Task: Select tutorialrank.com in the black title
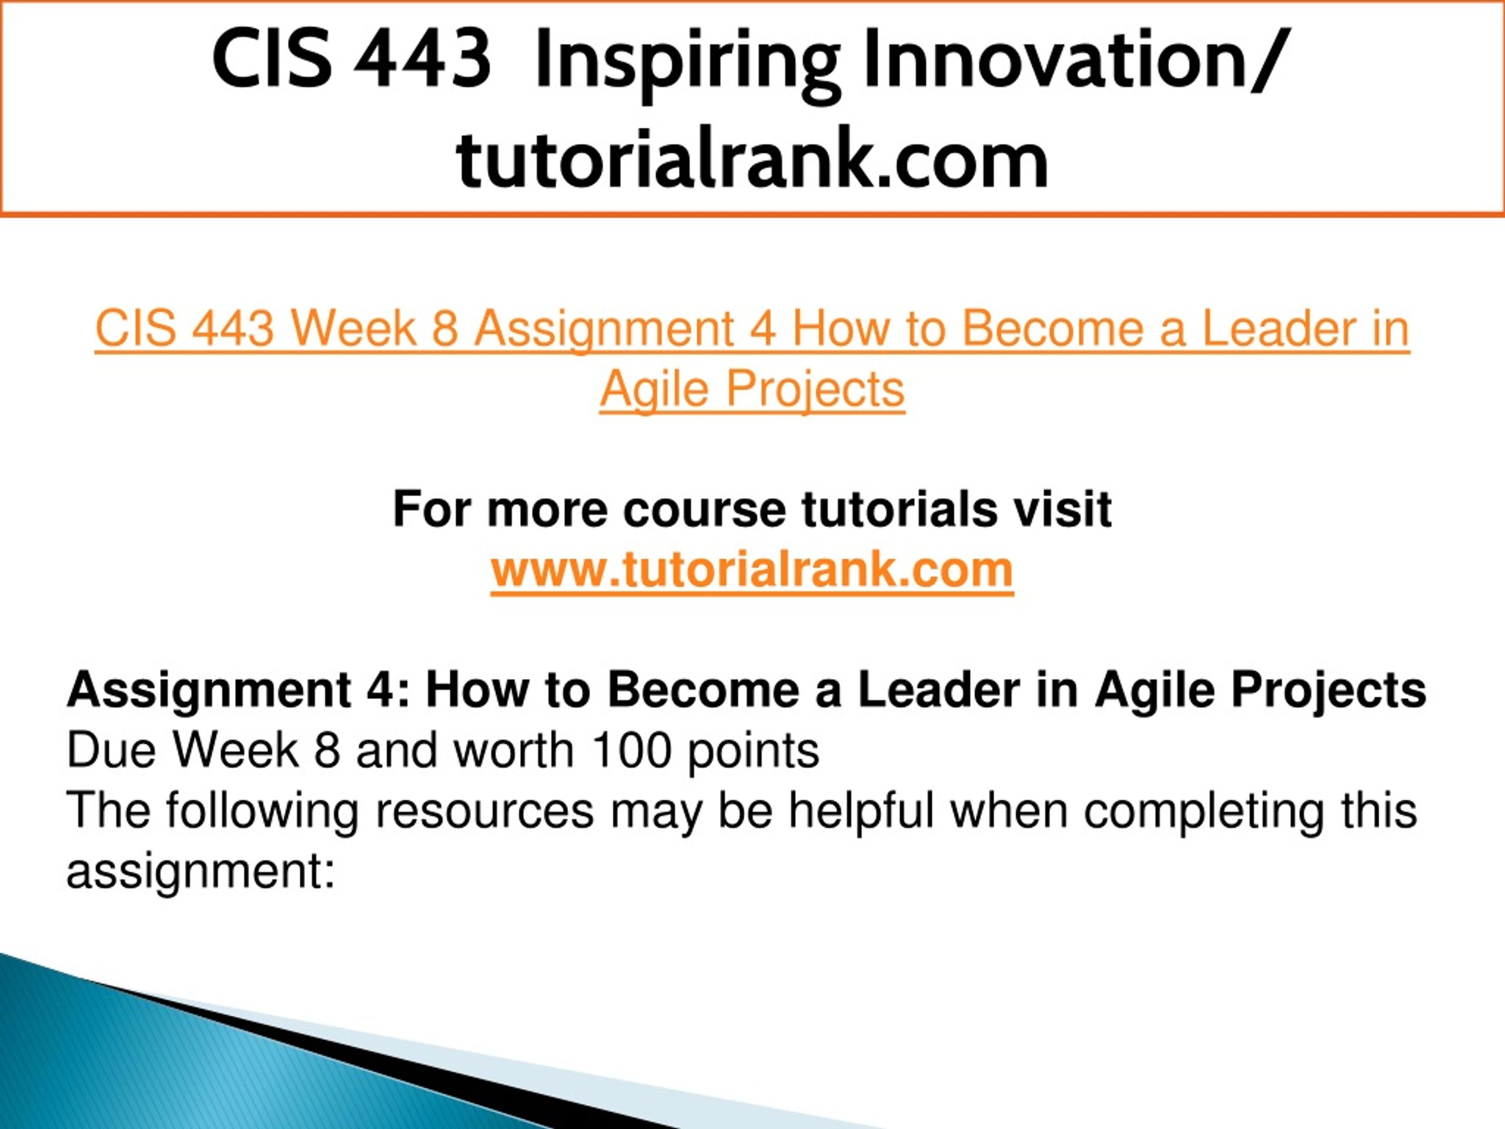tap(752, 159)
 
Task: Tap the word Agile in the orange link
tap(654, 390)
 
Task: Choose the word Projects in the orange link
tap(815, 390)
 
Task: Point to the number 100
tap(632, 751)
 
